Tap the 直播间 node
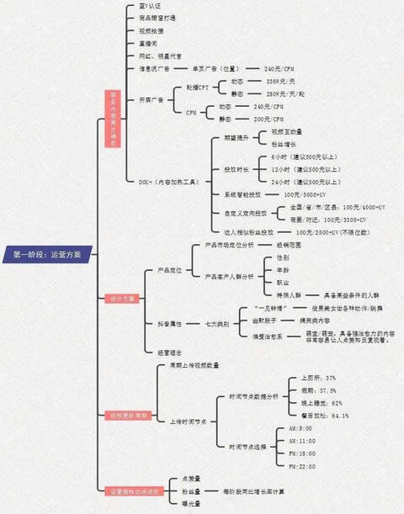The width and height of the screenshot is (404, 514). point(146,41)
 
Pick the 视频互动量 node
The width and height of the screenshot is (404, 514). point(287,132)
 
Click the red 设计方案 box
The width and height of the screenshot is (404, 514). point(121,298)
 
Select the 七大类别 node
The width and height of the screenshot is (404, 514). point(216,323)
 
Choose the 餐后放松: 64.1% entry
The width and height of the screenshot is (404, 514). point(324,416)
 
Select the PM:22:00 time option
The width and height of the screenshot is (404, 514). point(301,466)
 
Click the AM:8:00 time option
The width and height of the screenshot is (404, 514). point(301,428)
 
